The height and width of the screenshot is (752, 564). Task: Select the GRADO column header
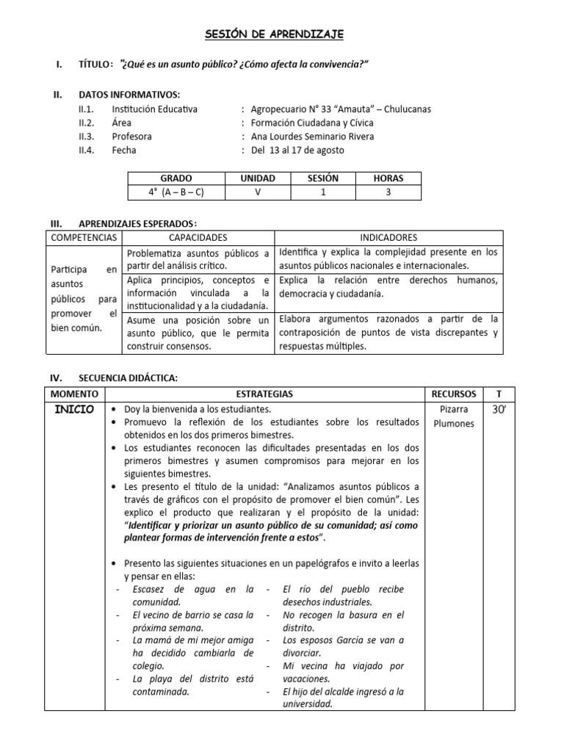point(176,178)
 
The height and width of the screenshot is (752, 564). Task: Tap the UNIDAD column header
point(258,178)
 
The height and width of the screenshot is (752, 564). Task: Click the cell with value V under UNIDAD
point(258,192)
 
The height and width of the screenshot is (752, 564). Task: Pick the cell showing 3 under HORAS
point(388,192)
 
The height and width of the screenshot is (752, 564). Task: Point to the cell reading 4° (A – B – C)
point(176,192)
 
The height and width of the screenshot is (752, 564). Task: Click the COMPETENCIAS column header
point(84,238)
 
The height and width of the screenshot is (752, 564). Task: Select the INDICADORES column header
point(388,238)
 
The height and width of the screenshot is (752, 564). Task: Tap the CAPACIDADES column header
point(198,238)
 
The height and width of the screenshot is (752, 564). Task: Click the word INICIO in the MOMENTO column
point(75,410)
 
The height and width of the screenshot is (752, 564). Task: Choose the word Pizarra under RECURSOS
point(455,410)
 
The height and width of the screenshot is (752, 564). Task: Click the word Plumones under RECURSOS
point(455,424)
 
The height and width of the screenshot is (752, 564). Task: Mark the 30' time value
point(499,410)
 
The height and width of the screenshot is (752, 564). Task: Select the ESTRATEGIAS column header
point(264,394)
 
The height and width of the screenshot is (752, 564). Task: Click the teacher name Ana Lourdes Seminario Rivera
point(312,137)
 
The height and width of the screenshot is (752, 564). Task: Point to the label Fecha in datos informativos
point(124,151)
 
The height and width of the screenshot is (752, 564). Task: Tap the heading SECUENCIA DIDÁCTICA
point(128,378)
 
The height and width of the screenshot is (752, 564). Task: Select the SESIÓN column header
point(323,178)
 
